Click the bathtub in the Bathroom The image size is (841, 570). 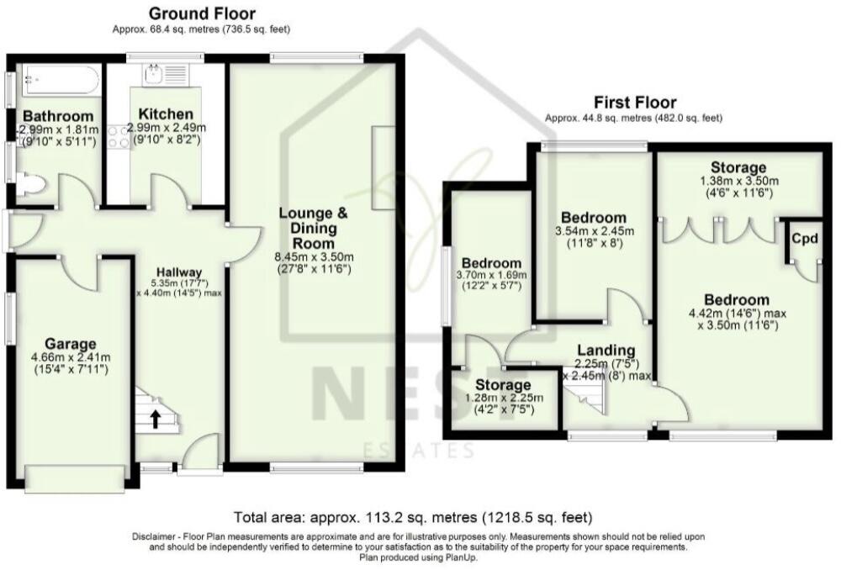(54, 82)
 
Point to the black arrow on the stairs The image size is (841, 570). (155, 418)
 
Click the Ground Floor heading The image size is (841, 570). (202, 13)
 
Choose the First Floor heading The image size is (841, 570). (633, 103)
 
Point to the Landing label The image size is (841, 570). (606, 351)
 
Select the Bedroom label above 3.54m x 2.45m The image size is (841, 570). (593, 217)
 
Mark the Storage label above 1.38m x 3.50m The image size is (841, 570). (738, 167)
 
